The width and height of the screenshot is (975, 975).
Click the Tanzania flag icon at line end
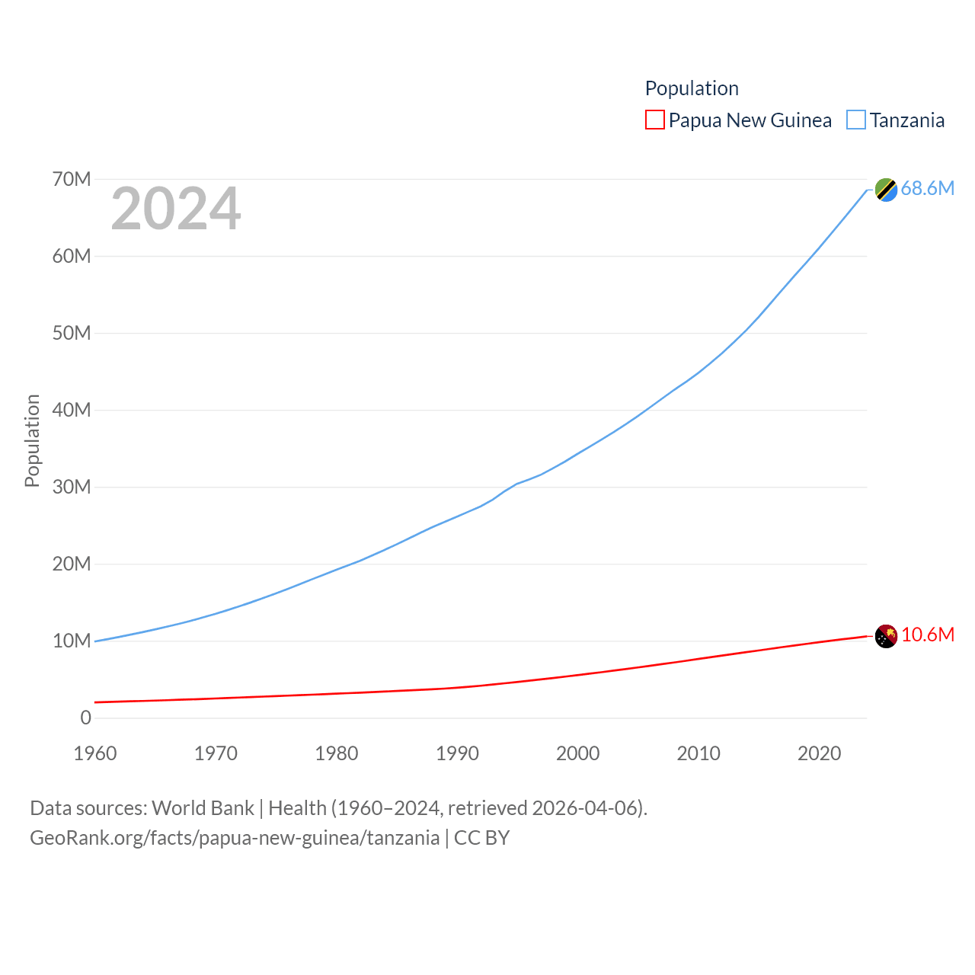click(886, 190)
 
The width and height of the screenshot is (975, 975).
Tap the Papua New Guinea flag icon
click(886, 636)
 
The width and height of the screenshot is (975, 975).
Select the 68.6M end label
click(927, 188)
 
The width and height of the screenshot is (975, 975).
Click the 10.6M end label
click(927, 635)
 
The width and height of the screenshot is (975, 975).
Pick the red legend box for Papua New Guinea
click(655, 120)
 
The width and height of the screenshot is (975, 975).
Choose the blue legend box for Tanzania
click(856, 120)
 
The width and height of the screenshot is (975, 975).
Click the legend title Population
click(692, 88)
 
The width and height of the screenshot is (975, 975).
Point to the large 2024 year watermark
click(176, 209)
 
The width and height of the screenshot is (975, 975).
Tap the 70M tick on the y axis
click(72, 179)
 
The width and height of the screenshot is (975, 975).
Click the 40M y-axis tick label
click(72, 410)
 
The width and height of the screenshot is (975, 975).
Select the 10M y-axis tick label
click(72, 641)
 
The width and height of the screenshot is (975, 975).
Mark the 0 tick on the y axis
click(85, 718)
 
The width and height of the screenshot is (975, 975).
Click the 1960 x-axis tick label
click(95, 753)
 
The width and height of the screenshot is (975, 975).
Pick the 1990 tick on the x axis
click(457, 753)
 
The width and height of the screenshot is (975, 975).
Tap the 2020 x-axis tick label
click(819, 753)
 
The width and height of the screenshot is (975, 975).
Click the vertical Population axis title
click(32, 440)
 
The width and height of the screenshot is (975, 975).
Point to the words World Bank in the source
click(203, 808)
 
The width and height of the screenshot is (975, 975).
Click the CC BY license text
click(481, 838)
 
